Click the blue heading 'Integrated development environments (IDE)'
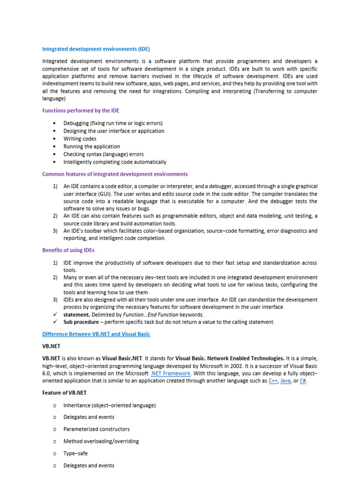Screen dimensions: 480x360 click(96, 49)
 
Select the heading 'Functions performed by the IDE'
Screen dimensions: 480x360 click(81, 111)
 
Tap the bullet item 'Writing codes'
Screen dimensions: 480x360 click(80, 139)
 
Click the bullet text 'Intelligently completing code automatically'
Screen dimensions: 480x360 click(115, 162)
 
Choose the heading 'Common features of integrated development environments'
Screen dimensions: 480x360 click(115, 174)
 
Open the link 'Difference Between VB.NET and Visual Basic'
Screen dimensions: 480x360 click(96, 334)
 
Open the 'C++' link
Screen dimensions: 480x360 click(273, 381)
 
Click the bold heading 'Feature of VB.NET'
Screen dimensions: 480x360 click(64, 392)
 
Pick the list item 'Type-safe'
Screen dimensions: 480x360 click(75, 453)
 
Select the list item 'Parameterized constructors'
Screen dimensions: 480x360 click(97, 429)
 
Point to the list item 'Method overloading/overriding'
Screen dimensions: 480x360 click(101, 441)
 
